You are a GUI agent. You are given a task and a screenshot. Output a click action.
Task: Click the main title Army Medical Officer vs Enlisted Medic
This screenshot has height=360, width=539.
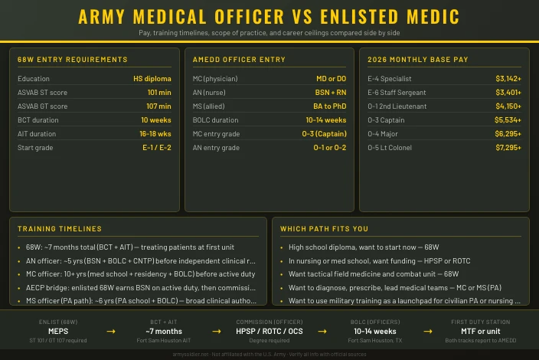269,17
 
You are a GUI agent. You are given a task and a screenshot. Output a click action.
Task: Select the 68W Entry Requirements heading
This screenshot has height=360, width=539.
73,60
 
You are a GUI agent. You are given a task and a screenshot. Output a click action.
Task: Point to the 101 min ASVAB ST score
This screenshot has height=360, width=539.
158,93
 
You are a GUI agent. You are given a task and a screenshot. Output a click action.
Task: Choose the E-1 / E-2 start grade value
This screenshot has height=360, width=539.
156,148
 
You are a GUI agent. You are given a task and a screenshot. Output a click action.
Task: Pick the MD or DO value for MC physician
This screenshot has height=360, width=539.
331,79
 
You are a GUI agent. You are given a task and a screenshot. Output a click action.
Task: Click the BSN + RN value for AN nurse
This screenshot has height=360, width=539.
329,93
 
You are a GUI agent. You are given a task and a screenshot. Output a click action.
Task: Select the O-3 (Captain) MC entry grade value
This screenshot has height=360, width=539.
324,134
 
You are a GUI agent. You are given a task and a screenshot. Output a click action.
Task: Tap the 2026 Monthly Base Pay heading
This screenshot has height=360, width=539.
407,60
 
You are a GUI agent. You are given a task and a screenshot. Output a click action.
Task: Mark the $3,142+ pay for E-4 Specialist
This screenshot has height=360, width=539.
508,79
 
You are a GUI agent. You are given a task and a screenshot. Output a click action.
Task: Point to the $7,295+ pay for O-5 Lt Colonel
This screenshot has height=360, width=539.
508,148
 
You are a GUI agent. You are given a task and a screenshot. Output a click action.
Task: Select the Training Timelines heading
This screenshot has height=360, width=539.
59,229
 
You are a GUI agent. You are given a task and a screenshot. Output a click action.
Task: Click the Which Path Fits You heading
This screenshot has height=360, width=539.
324,229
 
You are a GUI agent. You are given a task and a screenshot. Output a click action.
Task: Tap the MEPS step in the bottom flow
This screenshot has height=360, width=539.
58,331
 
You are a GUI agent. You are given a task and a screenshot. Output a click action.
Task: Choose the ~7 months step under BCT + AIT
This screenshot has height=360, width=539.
164,331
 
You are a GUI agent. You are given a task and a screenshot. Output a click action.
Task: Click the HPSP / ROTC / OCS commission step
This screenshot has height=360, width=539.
269,331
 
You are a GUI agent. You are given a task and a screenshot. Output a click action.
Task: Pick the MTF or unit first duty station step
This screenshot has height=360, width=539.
480,331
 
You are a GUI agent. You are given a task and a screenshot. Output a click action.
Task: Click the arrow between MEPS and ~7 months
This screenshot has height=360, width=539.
111,331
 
